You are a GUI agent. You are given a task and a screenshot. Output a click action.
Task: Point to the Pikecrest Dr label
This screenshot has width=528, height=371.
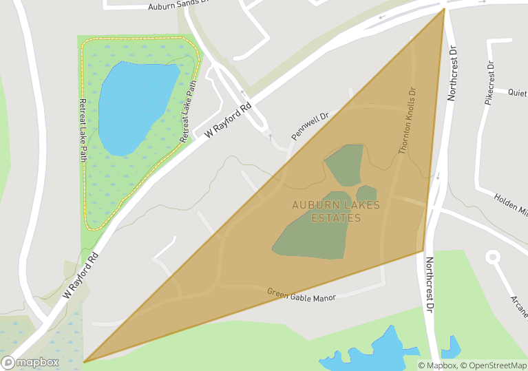pyautogui.click(x=490, y=83)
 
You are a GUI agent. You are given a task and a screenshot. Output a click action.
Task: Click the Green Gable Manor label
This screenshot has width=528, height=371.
pyautogui.click(x=301, y=294)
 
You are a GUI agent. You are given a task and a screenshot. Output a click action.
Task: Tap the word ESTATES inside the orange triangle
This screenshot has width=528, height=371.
pyautogui.click(x=336, y=218)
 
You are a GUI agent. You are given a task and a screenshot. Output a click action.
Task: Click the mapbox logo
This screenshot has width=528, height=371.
pyautogui.click(x=31, y=361)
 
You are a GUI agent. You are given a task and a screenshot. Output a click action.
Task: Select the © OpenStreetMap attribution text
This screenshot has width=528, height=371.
pyautogui.click(x=494, y=365)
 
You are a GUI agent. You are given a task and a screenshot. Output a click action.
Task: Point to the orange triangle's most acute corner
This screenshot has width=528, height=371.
pyautogui.click(x=84, y=361)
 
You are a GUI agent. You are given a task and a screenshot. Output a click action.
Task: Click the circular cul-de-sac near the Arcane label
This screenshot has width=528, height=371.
pyautogui.click(x=493, y=258)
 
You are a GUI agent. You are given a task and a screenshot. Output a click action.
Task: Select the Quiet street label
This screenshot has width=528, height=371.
pyautogui.click(x=518, y=92)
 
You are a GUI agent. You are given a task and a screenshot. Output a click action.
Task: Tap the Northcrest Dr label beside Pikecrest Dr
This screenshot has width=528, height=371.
pyautogui.click(x=452, y=74)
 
